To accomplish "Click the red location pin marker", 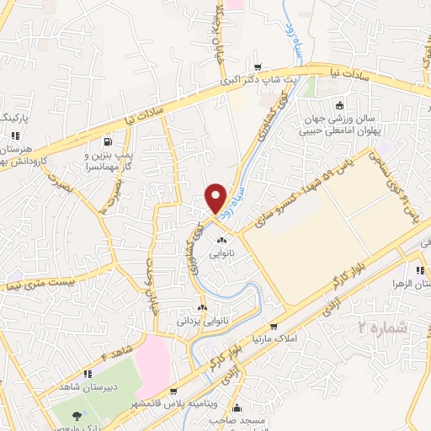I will (216, 198).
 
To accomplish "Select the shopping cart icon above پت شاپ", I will (258, 68).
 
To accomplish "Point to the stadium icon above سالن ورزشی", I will (339, 105).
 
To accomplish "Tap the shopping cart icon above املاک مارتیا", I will (273, 327).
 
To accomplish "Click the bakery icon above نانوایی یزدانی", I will (201, 308).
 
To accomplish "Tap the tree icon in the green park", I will (77, 416).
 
